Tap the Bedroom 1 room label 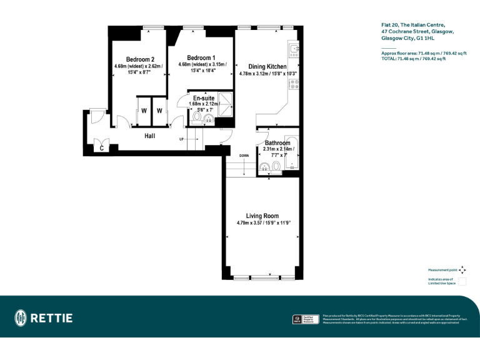201,57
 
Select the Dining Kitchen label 267,66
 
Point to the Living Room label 262,216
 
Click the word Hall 149,136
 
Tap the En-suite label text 204,98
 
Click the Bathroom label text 277,143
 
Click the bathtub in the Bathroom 292,152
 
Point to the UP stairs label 181,139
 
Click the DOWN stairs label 244,155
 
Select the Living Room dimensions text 264,223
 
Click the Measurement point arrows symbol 462,270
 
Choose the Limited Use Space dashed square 462,281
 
